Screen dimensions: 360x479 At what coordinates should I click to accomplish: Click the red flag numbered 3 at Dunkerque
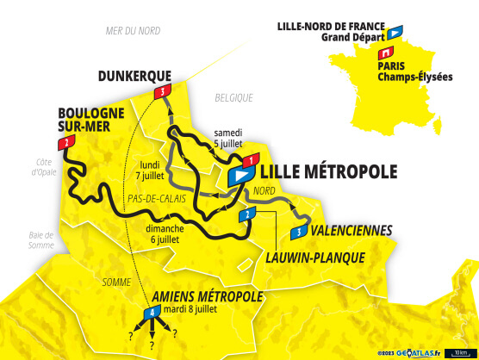tap(162, 91)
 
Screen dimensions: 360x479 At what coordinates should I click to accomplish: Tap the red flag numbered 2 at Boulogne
tap(65, 142)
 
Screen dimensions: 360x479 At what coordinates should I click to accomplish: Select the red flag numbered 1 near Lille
tap(251, 160)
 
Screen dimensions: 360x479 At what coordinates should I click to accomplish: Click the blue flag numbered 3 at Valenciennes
tap(298, 232)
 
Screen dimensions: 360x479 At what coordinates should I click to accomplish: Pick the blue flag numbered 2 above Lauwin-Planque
tap(247, 214)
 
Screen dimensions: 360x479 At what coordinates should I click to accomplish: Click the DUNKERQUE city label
tap(134, 75)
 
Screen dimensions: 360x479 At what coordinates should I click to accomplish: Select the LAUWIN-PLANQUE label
tap(314, 257)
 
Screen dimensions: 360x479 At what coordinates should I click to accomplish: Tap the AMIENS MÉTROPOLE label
tap(207, 296)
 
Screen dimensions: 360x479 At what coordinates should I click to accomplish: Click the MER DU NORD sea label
tap(134, 30)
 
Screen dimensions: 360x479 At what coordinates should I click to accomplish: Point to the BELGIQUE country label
tap(233, 97)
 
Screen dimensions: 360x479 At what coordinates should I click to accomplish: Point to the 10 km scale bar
tap(462, 352)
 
